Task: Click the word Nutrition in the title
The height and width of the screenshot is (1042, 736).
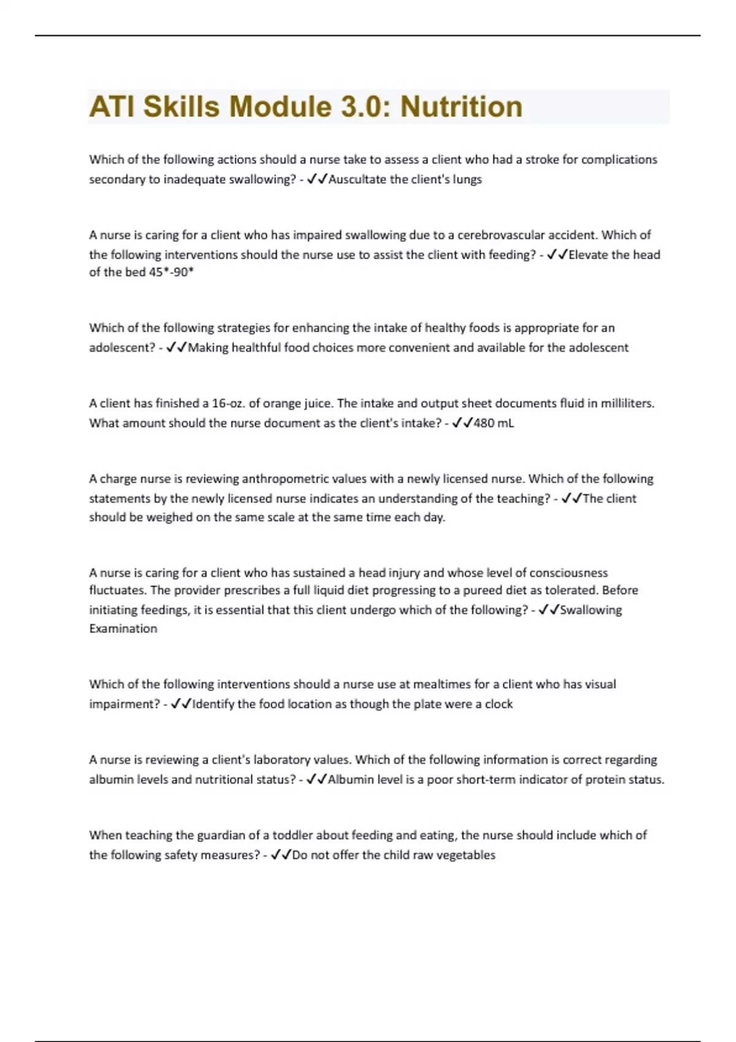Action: click(461, 107)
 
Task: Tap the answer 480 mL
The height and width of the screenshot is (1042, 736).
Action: click(494, 423)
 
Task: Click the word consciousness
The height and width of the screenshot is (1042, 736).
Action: click(569, 572)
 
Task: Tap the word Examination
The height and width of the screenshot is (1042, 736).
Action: click(123, 628)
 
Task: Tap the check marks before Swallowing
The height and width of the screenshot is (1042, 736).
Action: click(548, 610)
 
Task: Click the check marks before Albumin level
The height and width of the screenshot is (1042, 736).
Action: click(316, 780)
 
